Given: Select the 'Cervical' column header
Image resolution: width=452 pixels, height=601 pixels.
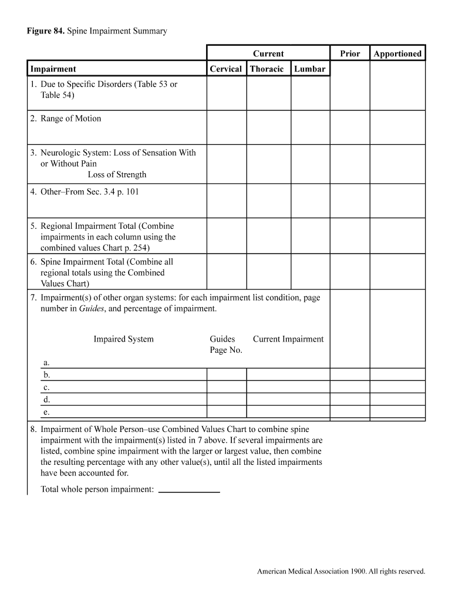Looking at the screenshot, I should [x=226, y=69].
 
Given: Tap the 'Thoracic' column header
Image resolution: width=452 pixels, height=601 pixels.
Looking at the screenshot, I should [x=267, y=69].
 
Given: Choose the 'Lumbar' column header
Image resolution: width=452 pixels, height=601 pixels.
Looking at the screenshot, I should [x=309, y=69].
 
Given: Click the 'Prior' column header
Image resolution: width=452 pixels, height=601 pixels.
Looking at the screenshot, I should [x=350, y=53].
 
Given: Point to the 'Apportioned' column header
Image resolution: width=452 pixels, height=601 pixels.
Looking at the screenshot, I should [x=397, y=53].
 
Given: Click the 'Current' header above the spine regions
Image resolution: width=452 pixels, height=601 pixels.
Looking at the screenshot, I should [x=268, y=53].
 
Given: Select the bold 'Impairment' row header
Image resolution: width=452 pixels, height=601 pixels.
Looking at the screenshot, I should [x=53, y=69].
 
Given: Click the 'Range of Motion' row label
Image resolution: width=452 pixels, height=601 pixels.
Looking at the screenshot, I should [x=70, y=119].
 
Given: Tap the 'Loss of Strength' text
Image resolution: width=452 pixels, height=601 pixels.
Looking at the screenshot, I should [x=117, y=174].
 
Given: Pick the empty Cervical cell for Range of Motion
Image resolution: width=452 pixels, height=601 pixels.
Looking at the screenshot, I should [x=226, y=127].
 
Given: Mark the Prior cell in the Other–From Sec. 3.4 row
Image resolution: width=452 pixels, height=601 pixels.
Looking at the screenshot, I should [x=350, y=201].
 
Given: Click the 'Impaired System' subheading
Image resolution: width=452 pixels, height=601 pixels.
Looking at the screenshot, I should [x=123, y=339].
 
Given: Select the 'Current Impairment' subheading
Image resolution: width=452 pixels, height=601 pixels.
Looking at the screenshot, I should [x=288, y=339].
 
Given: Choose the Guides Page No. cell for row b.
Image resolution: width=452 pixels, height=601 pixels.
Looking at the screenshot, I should [x=226, y=374].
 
